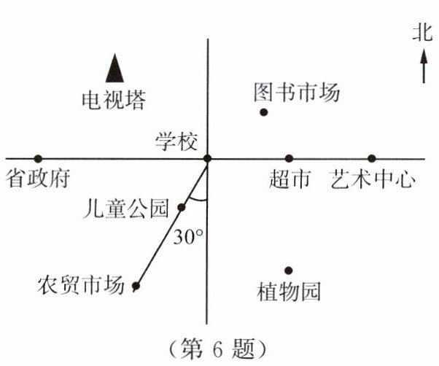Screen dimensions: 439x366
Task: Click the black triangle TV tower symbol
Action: tap(114, 68)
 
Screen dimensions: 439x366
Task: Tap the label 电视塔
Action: tap(113, 99)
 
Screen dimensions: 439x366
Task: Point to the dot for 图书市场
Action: tap(264, 112)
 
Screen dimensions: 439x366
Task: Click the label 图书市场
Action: tap(297, 93)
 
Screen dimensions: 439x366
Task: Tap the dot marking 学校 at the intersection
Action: tap(207, 158)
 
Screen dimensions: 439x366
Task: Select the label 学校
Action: tap(176, 141)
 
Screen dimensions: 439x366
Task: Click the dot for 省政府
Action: tap(38, 158)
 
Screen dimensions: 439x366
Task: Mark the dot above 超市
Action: tap(289, 158)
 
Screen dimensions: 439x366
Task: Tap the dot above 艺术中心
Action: tap(372, 158)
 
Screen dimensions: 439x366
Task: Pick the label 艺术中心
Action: tap(372, 179)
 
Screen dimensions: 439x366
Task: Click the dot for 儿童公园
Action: tap(182, 208)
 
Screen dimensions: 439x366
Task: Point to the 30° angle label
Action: tap(188, 238)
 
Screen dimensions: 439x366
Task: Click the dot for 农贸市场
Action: tap(135, 287)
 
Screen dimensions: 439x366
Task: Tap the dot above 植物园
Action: tap(289, 270)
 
